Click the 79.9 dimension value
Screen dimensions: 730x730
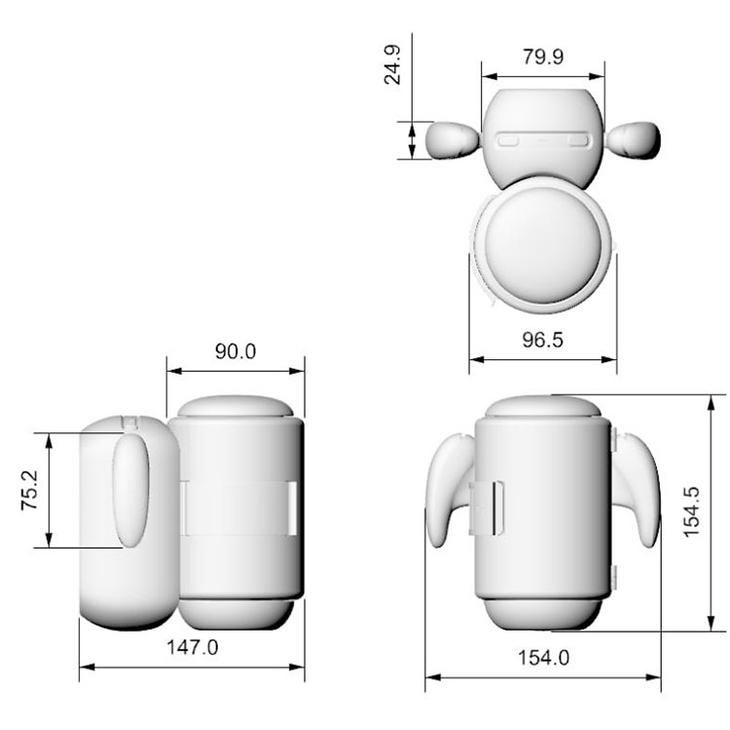point(543,56)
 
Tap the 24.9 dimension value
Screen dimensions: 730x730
point(392,64)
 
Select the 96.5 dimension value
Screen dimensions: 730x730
point(543,340)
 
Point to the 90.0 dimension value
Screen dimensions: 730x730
point(236,351)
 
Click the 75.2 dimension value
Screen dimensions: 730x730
point(30,490)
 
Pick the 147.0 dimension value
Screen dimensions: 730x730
point(193,647)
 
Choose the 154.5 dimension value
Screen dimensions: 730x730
point(692,512)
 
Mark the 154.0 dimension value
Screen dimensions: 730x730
point(543,658)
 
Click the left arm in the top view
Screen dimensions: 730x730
point(453,139)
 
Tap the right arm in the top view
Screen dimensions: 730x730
point(634,139)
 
